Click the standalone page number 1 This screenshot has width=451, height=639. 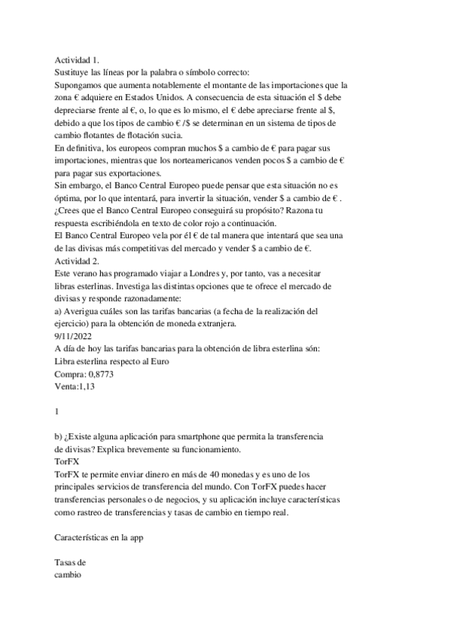pos(57,411)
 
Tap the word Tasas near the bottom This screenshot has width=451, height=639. pos(69,562)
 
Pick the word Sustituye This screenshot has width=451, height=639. pos(74,72)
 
